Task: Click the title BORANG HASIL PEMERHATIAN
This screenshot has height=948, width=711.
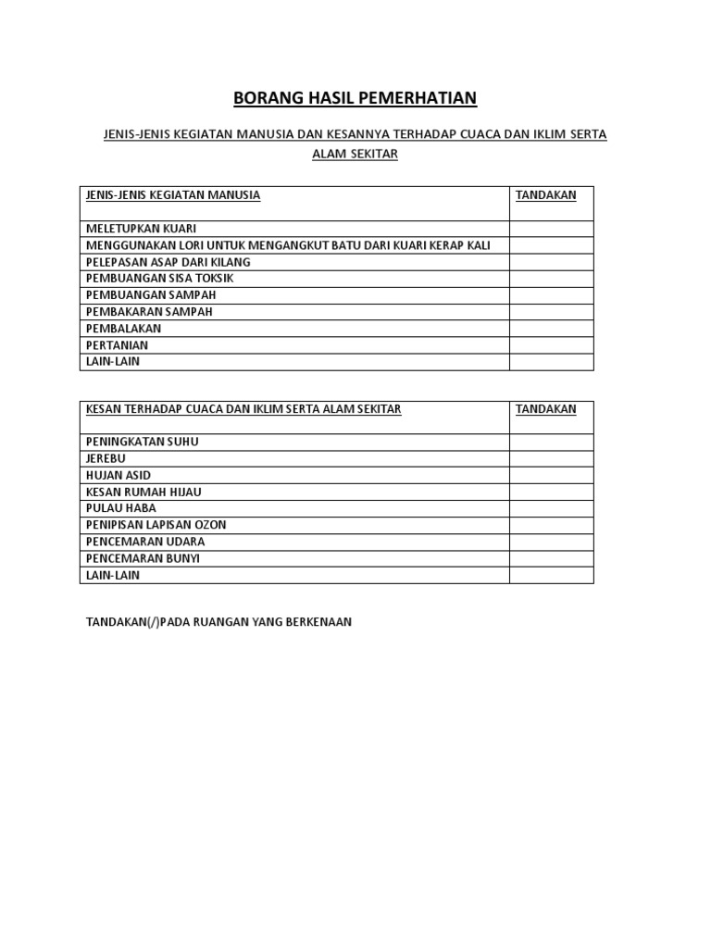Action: click(x=355, y=99)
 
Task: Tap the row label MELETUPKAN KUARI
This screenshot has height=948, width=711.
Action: click(x=141, y=229)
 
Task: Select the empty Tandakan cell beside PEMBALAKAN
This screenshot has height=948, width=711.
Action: click(x=551, y=329)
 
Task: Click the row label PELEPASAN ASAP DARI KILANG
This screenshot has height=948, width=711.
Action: click(x=168, y=262)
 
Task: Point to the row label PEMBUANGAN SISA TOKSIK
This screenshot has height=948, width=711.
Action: click(x=159, y=279)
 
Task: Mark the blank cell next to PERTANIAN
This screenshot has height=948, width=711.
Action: click(x=551, y=345)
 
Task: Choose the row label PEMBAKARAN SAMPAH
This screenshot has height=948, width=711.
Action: click(x=149, y=312)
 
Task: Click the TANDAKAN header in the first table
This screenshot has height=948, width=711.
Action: click(x=545, y=195)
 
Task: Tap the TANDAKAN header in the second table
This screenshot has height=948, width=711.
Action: click(x=545, y=409)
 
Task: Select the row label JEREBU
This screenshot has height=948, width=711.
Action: click(x=106, y=458)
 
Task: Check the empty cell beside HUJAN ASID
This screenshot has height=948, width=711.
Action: click(x=551, y=475)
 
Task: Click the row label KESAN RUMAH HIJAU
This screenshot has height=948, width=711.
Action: click(x=143, y=492)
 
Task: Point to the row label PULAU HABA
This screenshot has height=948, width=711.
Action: click(x=121, y=508)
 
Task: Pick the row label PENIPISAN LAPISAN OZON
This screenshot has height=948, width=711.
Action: click(x=156, y=525)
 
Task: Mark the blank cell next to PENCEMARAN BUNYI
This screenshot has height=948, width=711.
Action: click(x=551, y=558)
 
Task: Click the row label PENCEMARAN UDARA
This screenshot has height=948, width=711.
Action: click(x=145, y=542)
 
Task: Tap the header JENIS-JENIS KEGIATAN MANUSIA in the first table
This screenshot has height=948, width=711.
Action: click(x=173, y=195)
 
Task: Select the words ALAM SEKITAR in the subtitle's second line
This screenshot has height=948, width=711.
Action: click(x=355, y=155)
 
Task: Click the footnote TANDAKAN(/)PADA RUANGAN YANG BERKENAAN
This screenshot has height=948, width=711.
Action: click(x=218, y=622)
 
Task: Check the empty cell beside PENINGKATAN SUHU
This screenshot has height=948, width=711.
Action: click(x=551, y=442)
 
